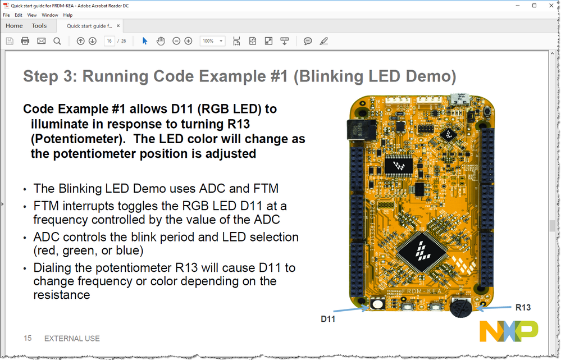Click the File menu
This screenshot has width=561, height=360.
7,15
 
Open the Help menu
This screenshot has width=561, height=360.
68,15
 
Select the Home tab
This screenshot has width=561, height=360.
14,26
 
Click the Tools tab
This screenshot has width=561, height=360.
39,26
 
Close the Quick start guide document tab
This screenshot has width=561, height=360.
118,26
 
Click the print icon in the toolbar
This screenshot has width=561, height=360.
25,41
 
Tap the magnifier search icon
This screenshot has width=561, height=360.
57,41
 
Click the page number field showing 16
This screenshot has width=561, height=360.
110,41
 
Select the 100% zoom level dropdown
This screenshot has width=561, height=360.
212,41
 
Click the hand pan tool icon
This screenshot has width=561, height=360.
161,41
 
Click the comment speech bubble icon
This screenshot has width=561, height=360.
308,41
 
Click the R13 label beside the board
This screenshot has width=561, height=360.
523,307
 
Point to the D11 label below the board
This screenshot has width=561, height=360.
328,319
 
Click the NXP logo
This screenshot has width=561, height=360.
508,331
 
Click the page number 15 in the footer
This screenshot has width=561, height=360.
28,338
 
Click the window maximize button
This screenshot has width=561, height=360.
534,6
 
